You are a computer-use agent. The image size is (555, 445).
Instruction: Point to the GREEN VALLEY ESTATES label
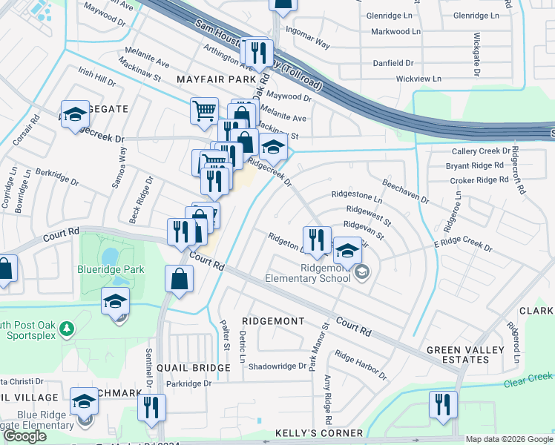(465, 355)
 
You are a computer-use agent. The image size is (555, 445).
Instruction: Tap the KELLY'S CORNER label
(319, 433)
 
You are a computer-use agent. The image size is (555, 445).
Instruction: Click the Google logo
(24, 435)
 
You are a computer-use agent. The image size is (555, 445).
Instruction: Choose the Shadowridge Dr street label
(277, 366)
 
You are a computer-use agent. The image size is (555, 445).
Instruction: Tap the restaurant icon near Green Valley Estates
(443, 405)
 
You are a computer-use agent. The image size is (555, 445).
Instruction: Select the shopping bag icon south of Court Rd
(180, 280)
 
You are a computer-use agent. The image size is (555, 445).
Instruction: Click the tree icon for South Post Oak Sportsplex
(68, 328)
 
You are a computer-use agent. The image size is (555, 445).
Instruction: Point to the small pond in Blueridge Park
(110, 256)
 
